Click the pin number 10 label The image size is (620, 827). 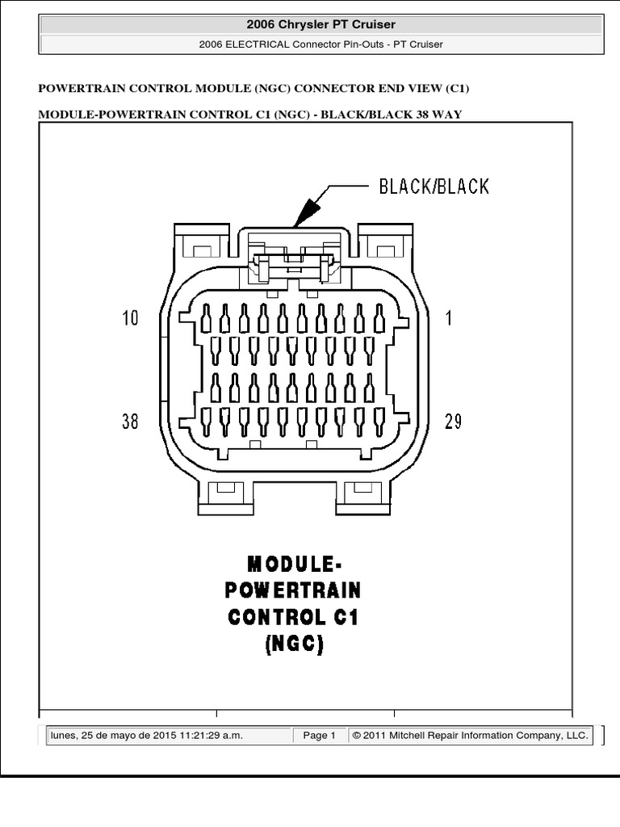coord(130,318)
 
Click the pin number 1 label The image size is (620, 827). coord(449,318)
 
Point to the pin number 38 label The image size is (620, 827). coord(130,421)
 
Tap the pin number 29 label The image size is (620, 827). coord(453,421)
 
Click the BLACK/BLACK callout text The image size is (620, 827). coord(434,187)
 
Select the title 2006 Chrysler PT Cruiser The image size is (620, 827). coord(321,24)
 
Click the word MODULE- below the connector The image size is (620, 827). coord(292,562)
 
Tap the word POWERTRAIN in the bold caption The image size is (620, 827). coord(292,590)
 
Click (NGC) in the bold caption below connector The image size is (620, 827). coord(292,644)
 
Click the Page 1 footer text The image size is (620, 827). coord(319,735)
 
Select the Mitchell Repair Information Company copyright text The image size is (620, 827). coord(470,735)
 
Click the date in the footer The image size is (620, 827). coord(146,735)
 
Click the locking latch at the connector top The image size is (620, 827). coord(293,263)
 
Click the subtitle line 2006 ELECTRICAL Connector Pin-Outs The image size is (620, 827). coord(320,44)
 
